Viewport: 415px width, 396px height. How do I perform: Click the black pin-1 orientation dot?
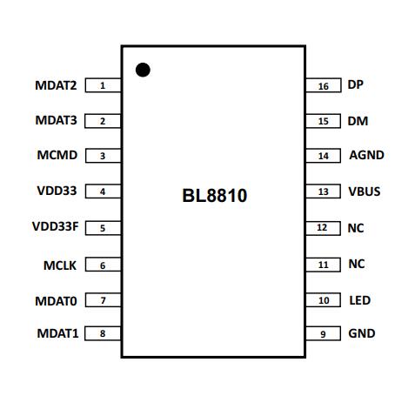(x=143, y=70)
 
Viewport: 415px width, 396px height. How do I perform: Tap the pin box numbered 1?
(x=103, y=85)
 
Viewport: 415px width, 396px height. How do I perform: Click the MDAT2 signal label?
(x=56, y=85)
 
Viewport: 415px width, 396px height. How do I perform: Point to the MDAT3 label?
(x=56, y=121)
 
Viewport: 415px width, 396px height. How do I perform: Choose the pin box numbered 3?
(x=103, y=157)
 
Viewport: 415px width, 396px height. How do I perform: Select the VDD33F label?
(x=55, y=228)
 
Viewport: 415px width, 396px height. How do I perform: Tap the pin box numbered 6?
(x=103, y=265)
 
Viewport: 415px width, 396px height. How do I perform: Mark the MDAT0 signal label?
(x=56, y=300)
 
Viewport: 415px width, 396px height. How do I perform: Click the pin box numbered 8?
(x=103, y=333)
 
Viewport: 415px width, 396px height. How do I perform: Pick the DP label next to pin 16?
(x=355, y=85)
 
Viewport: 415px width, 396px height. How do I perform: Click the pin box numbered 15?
(x=323, y=121)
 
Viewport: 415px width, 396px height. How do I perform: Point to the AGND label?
(x=366, y=156)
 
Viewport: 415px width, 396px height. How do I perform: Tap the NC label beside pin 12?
(x=356, y=228)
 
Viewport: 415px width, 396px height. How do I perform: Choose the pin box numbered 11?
(x=323, y=264)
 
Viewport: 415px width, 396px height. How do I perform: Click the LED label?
(x=359, y=300)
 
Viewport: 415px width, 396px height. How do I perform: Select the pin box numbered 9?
(x=323, y=333)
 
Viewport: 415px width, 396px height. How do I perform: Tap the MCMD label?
(x=57, y=157)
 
